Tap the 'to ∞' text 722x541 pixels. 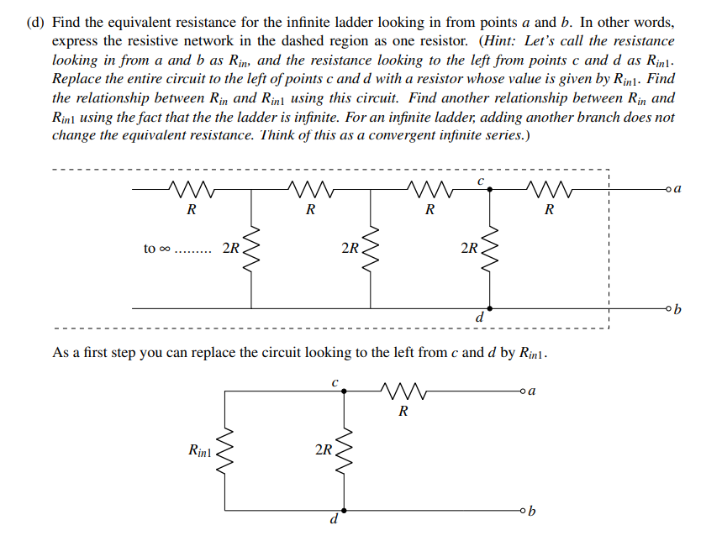[155, 249]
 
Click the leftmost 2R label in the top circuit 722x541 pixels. [230, 249]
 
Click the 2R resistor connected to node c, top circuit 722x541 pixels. [491, 249]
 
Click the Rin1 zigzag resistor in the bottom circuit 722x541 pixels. [224, 451]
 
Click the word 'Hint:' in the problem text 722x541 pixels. [499, 40]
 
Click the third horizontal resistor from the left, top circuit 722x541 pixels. [430, 189]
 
